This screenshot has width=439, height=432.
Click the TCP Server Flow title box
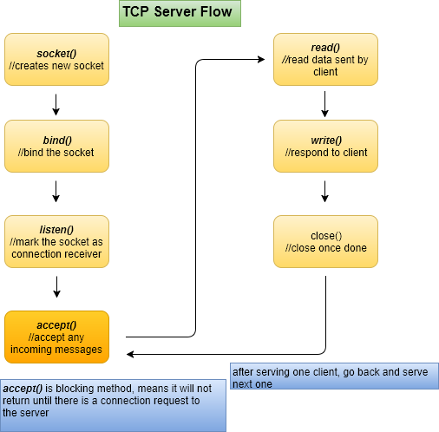point(180,14)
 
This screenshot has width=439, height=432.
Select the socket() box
point(56,59)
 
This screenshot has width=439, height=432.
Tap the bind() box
point(56,146)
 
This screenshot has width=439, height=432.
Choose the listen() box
point(56,241)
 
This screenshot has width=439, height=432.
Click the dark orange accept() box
point(56,337)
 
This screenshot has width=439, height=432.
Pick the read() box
point(325,59)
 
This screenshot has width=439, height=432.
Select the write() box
point(325,146)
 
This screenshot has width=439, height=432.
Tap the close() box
point(325,241)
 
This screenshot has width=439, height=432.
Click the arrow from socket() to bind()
point(56,105)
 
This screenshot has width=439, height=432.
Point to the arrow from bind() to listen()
point(56,192)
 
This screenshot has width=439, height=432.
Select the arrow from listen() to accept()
point(56,287)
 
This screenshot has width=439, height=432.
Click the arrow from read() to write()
point(324,104)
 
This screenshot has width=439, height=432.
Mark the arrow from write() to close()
point(324,192)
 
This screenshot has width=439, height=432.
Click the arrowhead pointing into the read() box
point(261,60)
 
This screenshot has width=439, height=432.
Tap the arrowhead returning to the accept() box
point(130,354)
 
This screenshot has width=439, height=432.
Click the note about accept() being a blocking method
point(113,405)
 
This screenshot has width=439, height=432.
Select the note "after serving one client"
point(334,376)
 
